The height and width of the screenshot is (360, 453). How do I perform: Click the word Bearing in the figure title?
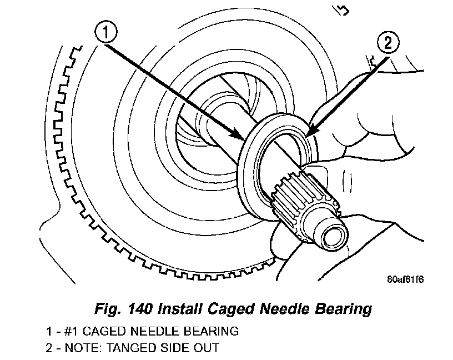[346, 309]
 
